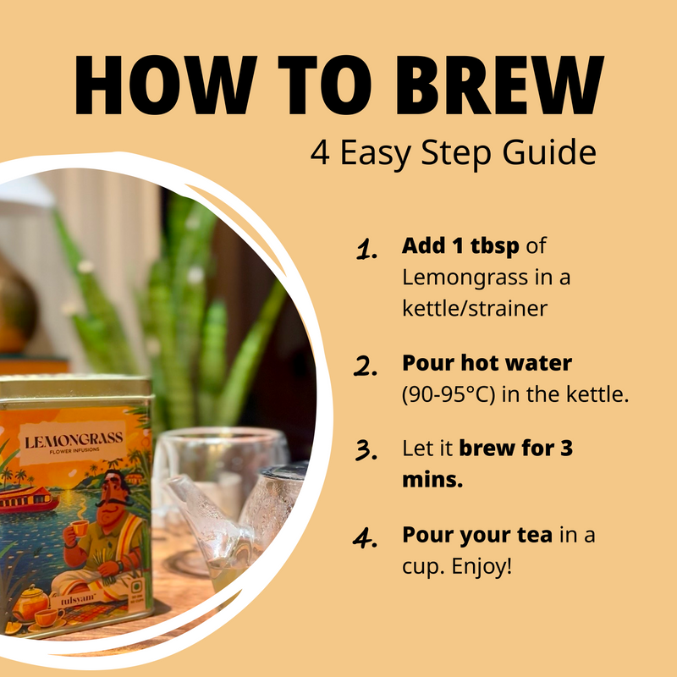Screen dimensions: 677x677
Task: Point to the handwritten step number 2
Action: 366,366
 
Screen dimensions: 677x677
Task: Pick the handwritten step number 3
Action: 366,450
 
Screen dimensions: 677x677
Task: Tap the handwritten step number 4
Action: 366,538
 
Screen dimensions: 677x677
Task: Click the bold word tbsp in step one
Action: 494,246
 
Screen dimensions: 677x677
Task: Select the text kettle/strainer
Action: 475,308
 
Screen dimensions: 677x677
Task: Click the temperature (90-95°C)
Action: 449,394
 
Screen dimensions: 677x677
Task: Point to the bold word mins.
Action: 432,479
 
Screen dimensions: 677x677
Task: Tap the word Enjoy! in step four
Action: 482,566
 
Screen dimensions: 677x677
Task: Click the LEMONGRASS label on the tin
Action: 74,442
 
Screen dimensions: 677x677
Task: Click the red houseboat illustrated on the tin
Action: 29,499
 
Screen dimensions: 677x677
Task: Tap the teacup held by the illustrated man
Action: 79,528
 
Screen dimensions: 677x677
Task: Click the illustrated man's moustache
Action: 114,502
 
